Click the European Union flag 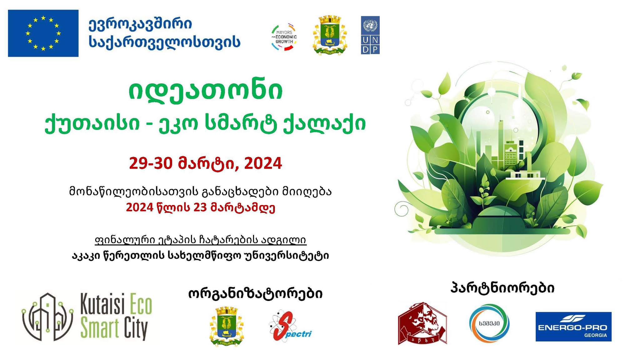(x=43, y=33)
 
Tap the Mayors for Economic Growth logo (x=284, y=37)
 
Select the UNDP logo (x=370, y=35)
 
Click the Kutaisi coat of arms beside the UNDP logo (x=329, y=35)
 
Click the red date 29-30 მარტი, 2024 (x=206, y=163)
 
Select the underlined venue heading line (x=200, y=240)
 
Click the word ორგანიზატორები (x=255, y=294)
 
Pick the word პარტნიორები (x=503, y=288)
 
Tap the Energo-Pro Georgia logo (x=573, y=327)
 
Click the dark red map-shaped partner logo (x=422, y=323)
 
